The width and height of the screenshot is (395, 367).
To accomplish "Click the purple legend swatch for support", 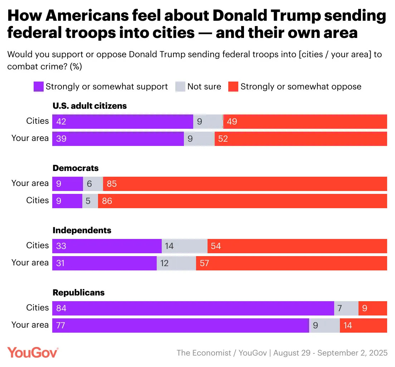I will (38, 87).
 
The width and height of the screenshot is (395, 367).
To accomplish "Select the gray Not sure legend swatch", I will (180, 87).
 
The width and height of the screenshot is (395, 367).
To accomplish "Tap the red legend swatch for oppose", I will (233, 87).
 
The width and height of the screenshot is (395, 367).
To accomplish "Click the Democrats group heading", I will (75, 168).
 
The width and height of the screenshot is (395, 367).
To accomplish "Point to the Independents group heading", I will (82, 230).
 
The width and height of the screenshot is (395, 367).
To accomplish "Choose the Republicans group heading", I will (79, 293).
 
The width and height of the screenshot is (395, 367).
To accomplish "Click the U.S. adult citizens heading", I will (90, 106).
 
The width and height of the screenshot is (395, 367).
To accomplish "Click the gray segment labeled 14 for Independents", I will (185, 246).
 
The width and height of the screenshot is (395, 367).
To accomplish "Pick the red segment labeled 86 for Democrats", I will (242, 201).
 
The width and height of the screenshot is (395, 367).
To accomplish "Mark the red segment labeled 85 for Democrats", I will (245, 183).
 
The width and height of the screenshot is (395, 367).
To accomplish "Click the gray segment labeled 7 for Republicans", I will (346, 308).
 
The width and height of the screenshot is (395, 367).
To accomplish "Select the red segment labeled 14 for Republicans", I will (363, 325).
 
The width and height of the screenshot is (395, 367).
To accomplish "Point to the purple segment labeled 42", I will (122, 122).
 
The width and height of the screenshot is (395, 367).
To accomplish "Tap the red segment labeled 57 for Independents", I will (291, 263).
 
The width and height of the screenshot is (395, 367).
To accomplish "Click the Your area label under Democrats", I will (30, 183).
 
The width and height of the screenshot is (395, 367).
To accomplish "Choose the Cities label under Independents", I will (37, 245).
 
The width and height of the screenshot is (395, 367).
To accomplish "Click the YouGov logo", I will (33, 352).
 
